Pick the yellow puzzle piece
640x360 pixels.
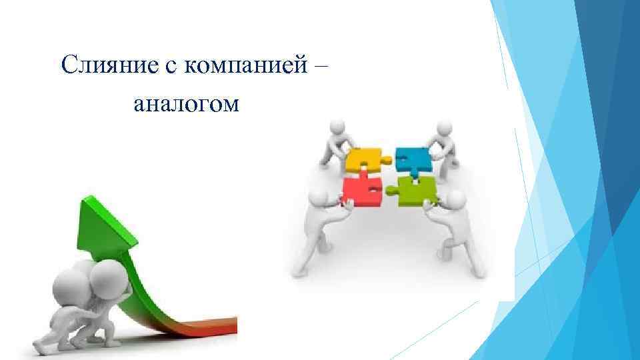click(362, 159)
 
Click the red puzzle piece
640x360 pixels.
click(360, 192)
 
